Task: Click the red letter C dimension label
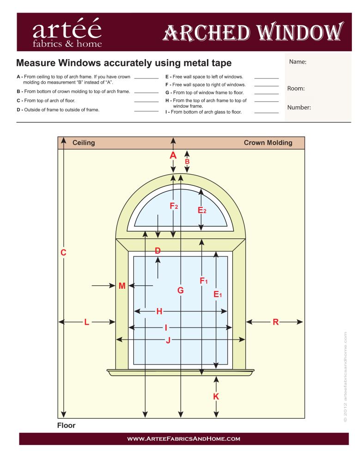coord(64,253)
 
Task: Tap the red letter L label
coord(86,322)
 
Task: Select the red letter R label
coord(276,322)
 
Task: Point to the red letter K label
coord(216,396)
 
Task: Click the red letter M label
coord(122,286)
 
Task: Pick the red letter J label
coord(168,340)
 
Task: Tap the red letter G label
coord(181,290)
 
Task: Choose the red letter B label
coord(187,162)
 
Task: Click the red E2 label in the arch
coord(202,210)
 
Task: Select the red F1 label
coord(203,280)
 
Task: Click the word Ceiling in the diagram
coord(84,143)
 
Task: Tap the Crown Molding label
coord(268,143)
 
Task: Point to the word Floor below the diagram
coord(66,425)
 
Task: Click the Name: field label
coord(298,61)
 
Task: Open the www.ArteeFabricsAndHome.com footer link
coord(183,438)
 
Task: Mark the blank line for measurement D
coord(146,111)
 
